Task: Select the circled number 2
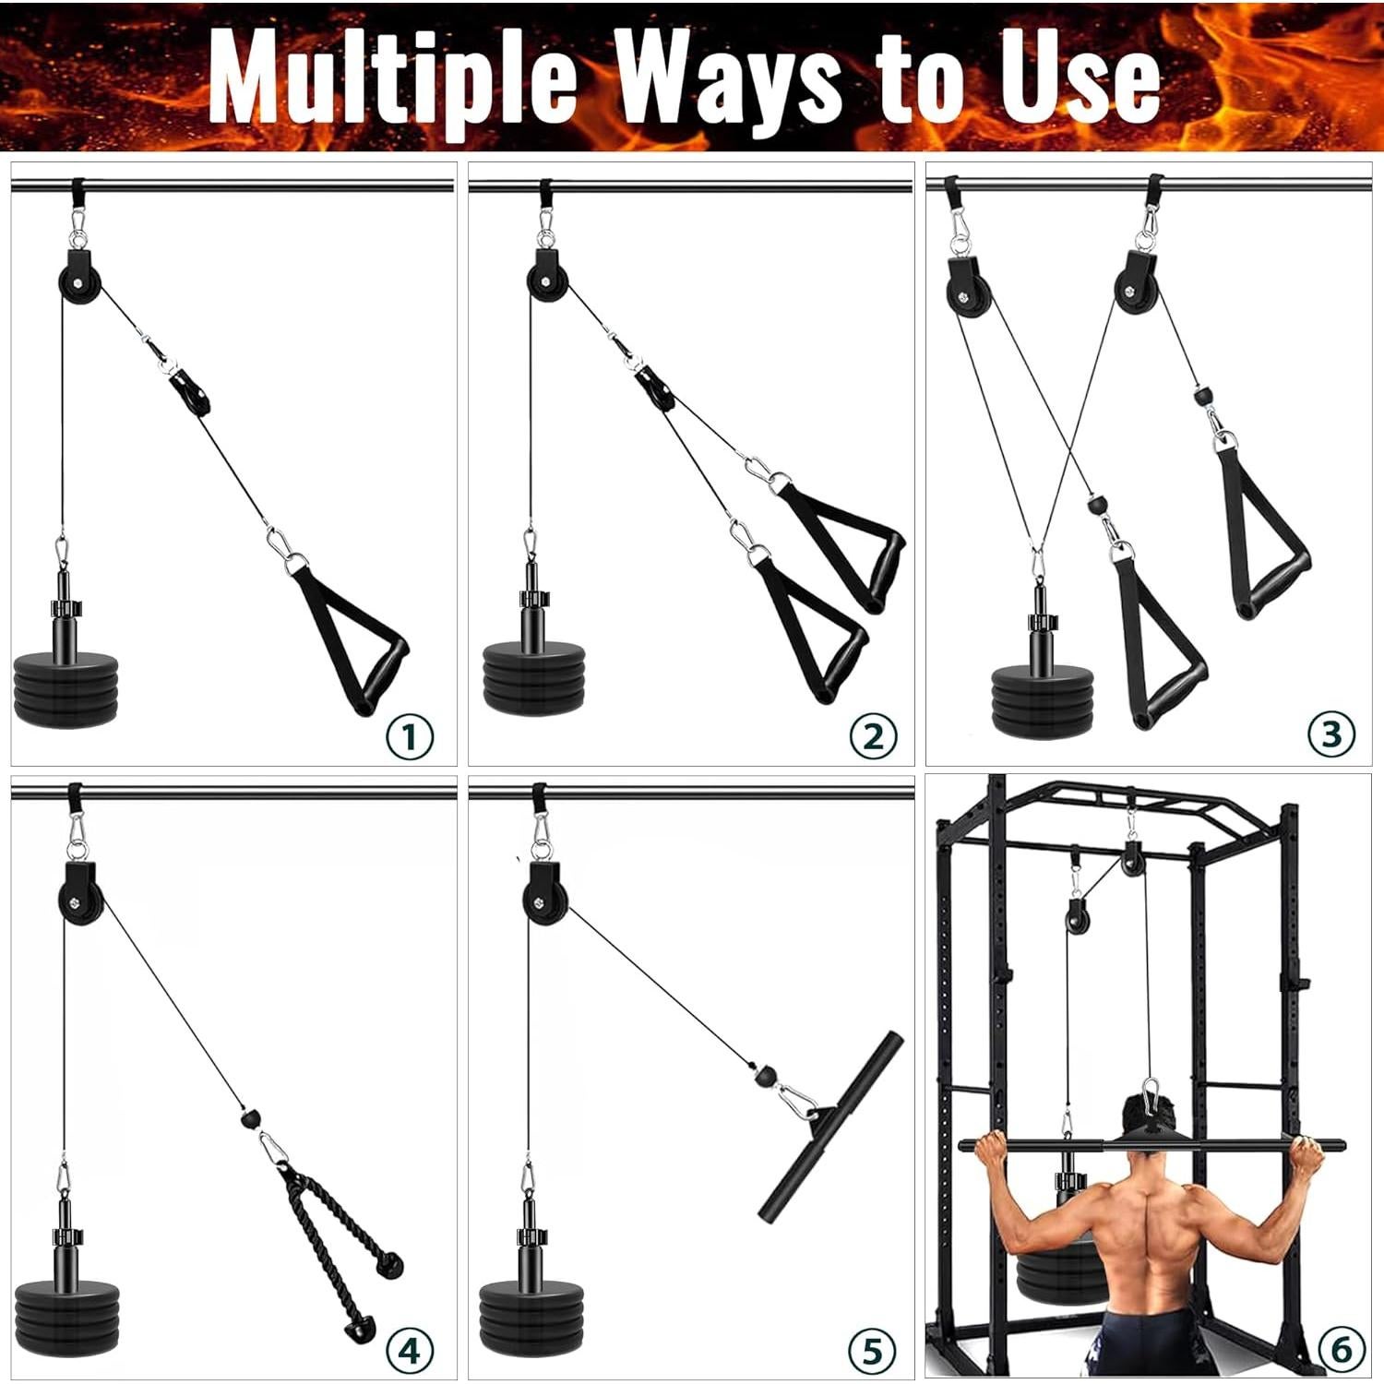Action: pyautogui.click(x=872, y=736)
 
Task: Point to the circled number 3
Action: pyautogui.click(x=1331, y=734)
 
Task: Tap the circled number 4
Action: pyautogui.click(x=409, y=1351)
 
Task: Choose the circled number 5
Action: pyautogui.click(x=871, y=1351)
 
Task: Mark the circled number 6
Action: pyautogui.click(x=1341, y=1350)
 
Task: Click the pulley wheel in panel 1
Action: pyautogui.click(x=79, y=278)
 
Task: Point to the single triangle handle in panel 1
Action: pyautogui.click(x=355, y=637)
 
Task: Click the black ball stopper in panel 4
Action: pyautogui.click(x=247, y=1118)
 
